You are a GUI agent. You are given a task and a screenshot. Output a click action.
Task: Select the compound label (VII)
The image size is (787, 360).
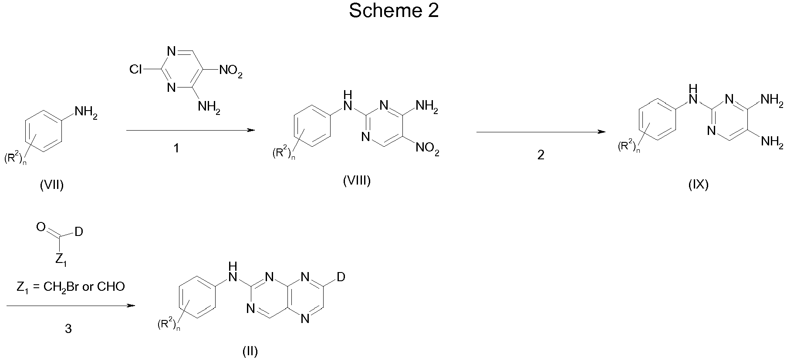coord(52,185)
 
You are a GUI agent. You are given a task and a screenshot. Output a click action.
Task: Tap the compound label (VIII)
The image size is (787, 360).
coord(357,181)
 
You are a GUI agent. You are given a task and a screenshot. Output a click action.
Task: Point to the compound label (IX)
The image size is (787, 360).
coord(698,185)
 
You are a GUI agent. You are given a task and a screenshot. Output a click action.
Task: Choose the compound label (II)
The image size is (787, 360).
coord(250,351)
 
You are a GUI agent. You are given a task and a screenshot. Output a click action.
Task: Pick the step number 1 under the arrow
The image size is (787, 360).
coord(176,149)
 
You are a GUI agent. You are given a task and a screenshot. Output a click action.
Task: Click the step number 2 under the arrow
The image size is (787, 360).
coord(540,155)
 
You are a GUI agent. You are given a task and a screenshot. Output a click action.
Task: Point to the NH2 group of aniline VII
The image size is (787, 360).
coord(86,113)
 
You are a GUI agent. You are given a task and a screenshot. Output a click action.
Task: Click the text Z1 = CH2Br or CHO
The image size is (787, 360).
coord(71,286)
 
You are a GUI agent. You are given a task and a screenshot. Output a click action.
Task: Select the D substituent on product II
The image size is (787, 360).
coord(341,277)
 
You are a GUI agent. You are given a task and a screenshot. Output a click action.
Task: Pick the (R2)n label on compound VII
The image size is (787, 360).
coord(16,159)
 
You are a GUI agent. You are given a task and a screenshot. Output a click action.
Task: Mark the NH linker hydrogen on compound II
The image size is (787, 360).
coord(233,266)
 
